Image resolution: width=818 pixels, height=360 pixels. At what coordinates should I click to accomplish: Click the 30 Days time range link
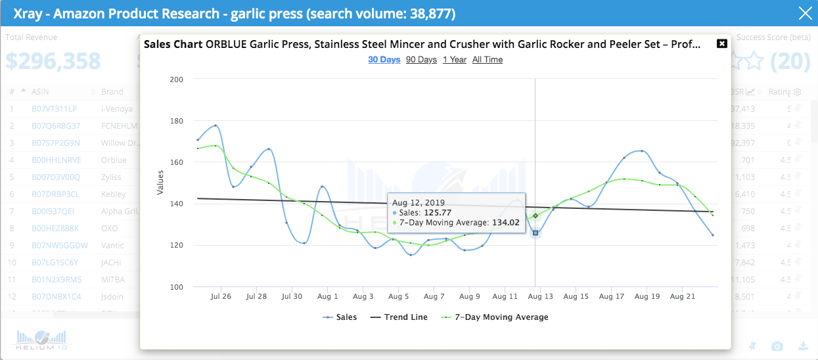(x=384, y=60)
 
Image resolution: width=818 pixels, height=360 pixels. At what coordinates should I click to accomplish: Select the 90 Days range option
(x=421, y=60)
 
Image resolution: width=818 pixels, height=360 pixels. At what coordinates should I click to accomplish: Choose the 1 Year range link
(x=455, y=60)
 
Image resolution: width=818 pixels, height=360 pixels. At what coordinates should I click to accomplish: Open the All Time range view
(x=488, y=60)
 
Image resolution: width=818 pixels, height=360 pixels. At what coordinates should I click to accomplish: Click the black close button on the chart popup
(x=721, y=43)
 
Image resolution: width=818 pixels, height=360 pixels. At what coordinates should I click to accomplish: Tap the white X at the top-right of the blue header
(x=805, y=13)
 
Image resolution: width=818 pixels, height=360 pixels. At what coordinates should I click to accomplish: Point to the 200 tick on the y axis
(x=176, y=79)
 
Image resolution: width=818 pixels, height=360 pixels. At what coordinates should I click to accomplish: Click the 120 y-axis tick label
(x=176, y=245)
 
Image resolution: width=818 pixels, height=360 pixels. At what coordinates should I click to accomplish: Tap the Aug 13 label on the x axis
(x=539, y=297)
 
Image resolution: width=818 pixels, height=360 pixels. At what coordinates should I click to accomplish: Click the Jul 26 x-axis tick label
(x=221, y=297)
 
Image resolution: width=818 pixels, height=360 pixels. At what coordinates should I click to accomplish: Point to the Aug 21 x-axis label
(x=681, y=297)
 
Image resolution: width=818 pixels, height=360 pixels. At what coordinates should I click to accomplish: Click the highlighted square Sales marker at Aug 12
(x=535, y=233)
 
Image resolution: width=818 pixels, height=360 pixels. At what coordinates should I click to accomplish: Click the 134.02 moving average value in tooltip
(x=505, y=223)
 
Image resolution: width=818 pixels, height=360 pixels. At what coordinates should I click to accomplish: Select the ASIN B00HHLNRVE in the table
(x=55, y=160)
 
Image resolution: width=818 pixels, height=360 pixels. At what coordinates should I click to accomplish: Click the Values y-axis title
(x=160, y=183)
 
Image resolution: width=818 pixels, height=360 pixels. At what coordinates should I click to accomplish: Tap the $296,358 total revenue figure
(x=53, y=60)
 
